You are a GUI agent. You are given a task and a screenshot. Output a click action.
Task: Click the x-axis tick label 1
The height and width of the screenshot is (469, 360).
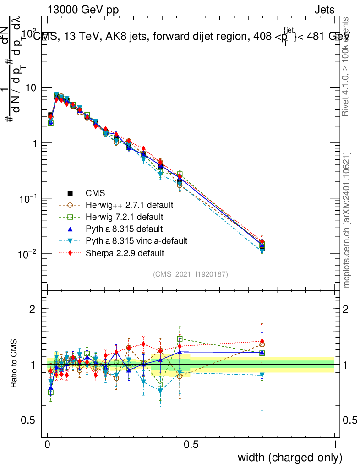335,445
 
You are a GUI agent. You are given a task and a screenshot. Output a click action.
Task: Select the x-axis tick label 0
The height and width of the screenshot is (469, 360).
48,445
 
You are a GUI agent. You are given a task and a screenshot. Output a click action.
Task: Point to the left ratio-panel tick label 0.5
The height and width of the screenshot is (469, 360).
30,420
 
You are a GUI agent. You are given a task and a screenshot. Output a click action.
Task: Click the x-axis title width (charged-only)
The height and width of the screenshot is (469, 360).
289,458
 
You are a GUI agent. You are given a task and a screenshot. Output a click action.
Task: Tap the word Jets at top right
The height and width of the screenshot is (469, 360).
324,10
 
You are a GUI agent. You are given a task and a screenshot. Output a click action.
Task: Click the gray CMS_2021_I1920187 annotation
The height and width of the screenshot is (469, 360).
191,274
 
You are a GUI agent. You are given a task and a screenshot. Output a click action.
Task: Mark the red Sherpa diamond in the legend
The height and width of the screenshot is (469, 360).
70,252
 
